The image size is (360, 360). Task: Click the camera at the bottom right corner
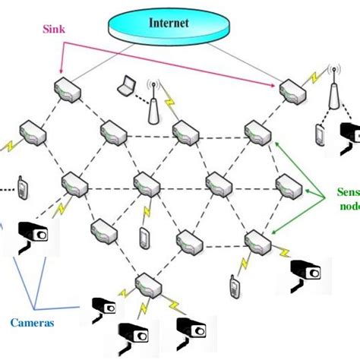click(191, 329)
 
